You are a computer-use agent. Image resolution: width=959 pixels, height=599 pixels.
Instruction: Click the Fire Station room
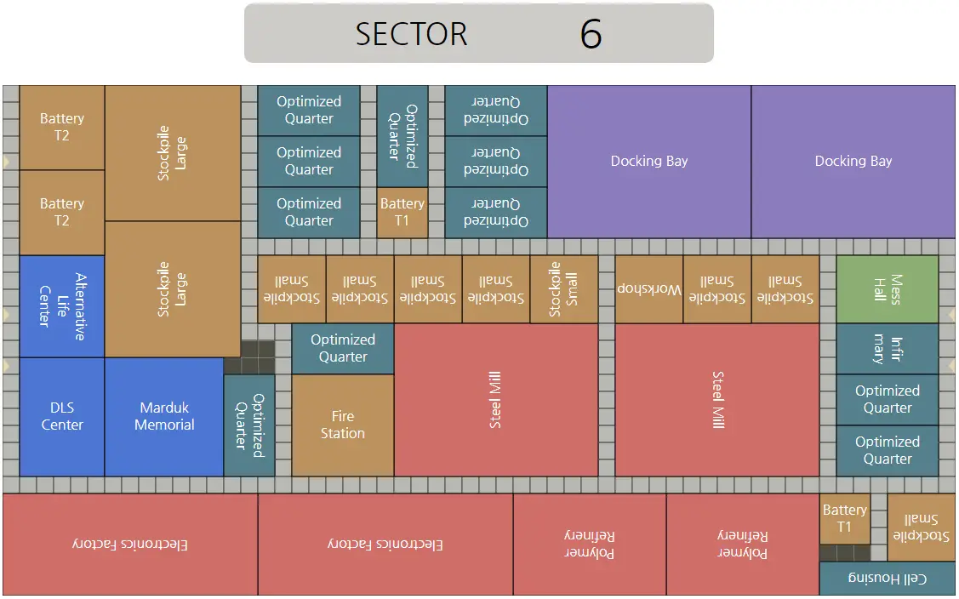pos(342,425)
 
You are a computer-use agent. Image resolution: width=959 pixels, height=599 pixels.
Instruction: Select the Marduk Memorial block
pos(164,417)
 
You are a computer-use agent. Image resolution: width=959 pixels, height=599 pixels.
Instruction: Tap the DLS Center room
pos(62,417)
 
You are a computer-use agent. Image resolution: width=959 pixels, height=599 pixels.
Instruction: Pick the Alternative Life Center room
pos(62,306)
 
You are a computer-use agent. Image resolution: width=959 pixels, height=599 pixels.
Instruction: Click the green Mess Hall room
pos(887,288)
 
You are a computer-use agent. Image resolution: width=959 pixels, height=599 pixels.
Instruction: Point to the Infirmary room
pos(887,349)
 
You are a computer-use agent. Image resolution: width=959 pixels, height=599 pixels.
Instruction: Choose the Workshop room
pos(649,288)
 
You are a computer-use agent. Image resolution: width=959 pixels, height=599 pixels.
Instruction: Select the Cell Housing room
pos(887,579)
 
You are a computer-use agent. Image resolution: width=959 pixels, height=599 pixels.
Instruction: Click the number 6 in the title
pos(591,34)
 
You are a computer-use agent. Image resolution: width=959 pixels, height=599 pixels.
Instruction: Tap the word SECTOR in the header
pos(411,34)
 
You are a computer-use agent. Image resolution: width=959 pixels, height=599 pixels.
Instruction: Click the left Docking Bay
pos(649,162)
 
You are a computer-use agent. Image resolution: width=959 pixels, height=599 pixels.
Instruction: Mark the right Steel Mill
pos(716,400)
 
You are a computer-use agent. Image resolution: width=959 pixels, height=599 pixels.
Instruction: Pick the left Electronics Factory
pos(130,544)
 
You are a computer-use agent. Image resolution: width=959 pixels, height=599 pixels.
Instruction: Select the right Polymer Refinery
pos(743,544)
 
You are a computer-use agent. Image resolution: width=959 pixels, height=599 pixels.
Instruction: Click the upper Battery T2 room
pos(62,128)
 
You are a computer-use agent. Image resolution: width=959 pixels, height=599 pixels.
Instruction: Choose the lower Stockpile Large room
pos(173,288)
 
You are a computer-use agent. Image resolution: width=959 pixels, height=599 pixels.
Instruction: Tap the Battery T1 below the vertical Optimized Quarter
pos(402,213)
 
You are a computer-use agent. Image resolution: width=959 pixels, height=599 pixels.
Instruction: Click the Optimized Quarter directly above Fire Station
pos(342,348)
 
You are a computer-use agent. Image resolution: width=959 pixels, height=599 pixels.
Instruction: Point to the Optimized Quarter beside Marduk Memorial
pos(249,425)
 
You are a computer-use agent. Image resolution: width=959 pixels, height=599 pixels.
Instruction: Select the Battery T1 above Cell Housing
pos(844,518)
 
